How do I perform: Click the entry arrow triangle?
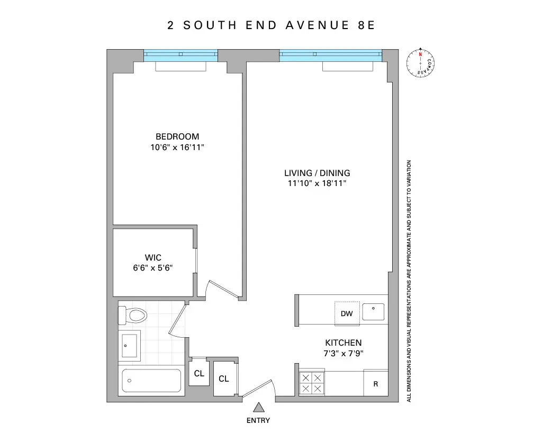[x=258, y=408]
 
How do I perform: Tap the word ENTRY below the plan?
[x=258, y=421]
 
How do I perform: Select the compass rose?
[x=421, y=63]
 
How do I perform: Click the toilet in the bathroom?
[x=133, y=316]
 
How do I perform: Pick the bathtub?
[x=151, y=381]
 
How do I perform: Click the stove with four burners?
[x=311, y=383]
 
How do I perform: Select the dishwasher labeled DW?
[x=347, y=313]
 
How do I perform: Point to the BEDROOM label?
[x=177, y=137]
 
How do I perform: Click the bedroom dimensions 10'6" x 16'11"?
[x=177, y=147]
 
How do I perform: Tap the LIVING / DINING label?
[x=317, y=173]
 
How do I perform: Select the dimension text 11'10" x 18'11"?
[x=317, y=183]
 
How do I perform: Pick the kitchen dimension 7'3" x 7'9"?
[x=343, y=353]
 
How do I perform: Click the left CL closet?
[x=198, y=374]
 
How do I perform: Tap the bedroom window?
[x=180, y=54]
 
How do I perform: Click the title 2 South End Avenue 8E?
[x=271, y=25]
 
